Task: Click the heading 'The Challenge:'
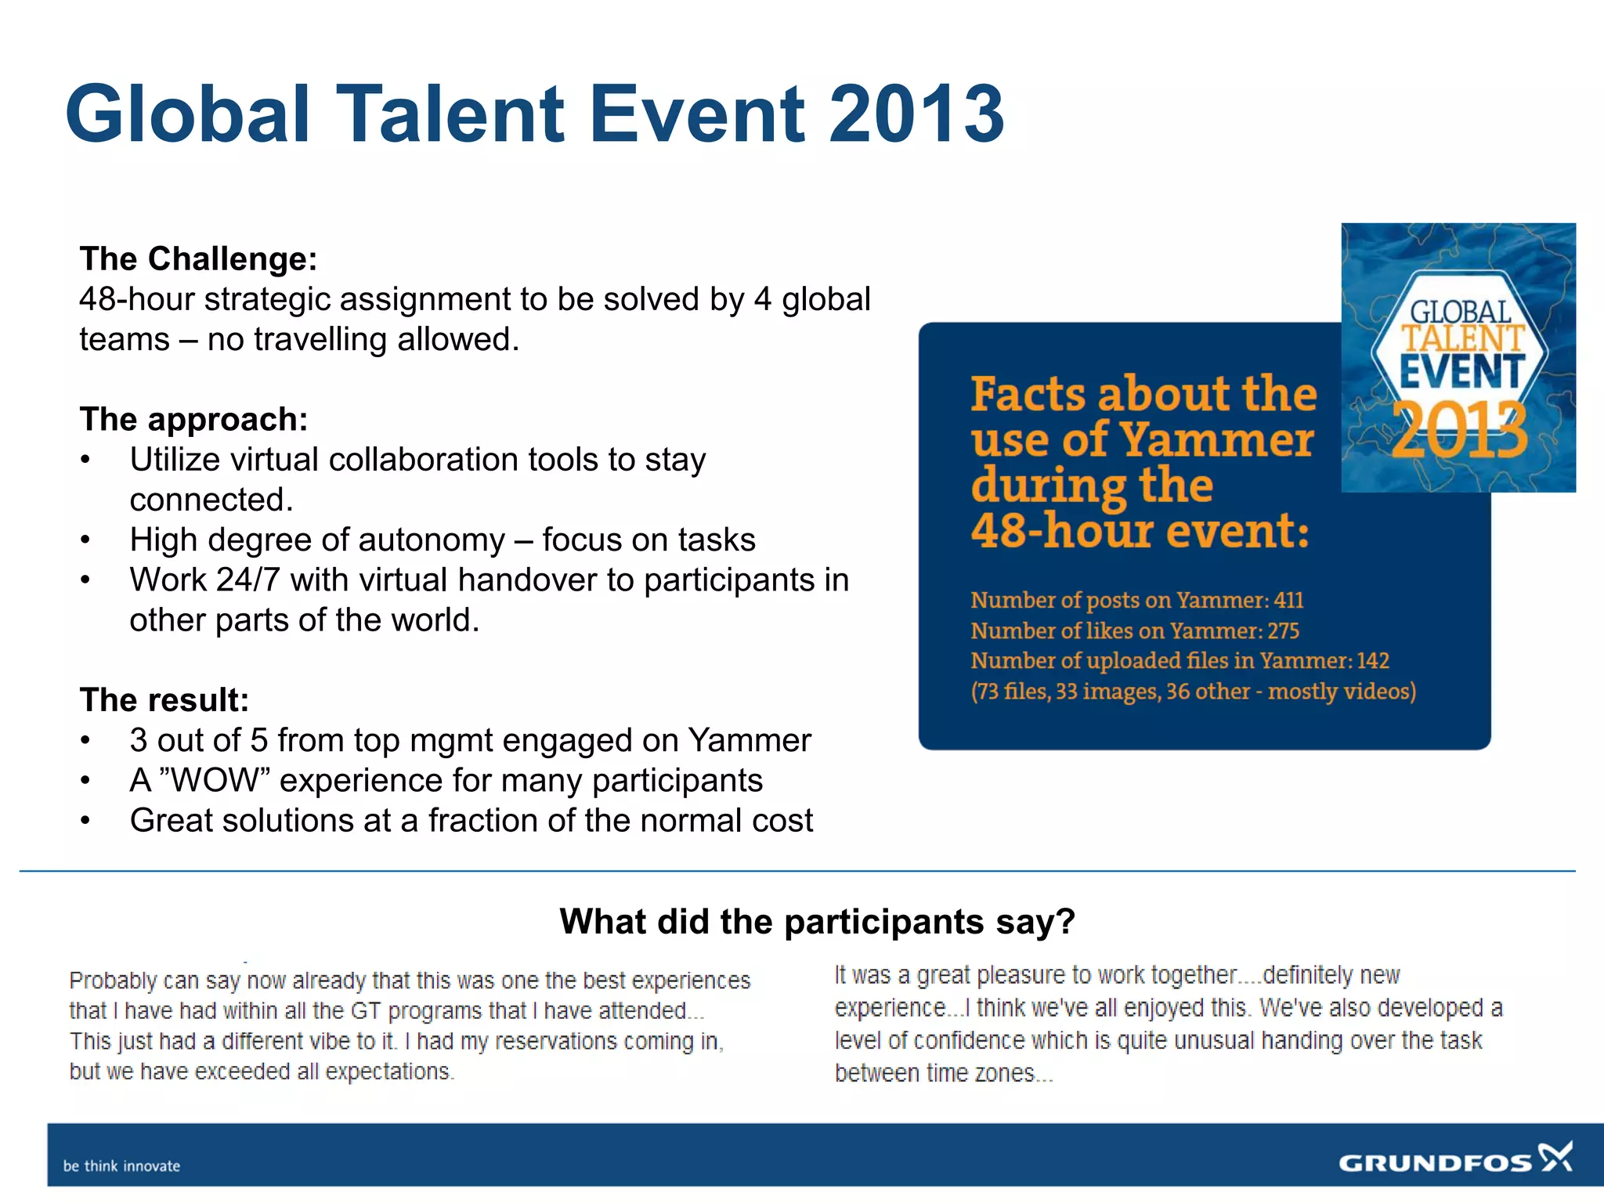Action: coord(198,258)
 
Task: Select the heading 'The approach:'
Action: coord(193,419)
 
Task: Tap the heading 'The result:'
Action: coord(164,699)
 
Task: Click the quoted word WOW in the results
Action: coord(214,780)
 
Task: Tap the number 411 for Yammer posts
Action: coord(1288,600)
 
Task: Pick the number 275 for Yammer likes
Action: coord(1283,630)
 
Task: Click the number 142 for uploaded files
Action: coord(1372,660)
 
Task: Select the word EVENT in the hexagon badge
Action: coord(1461,371)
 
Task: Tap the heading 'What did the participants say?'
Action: coord(817,921)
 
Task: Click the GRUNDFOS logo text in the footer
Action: coord(1435,1163)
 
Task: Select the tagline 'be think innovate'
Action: coord(121,1165)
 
